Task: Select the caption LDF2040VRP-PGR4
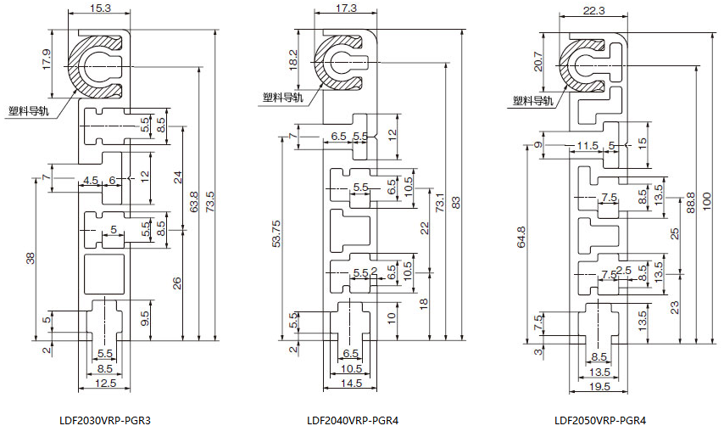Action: (x=353, y=420)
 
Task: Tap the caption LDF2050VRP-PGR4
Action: (x=600, y=420)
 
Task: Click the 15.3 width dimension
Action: (x=99, y=8)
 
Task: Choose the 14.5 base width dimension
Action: (x=353, y=383)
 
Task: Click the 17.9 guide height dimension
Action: (x=47, y=60)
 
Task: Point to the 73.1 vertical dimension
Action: (x=439, y=206)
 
